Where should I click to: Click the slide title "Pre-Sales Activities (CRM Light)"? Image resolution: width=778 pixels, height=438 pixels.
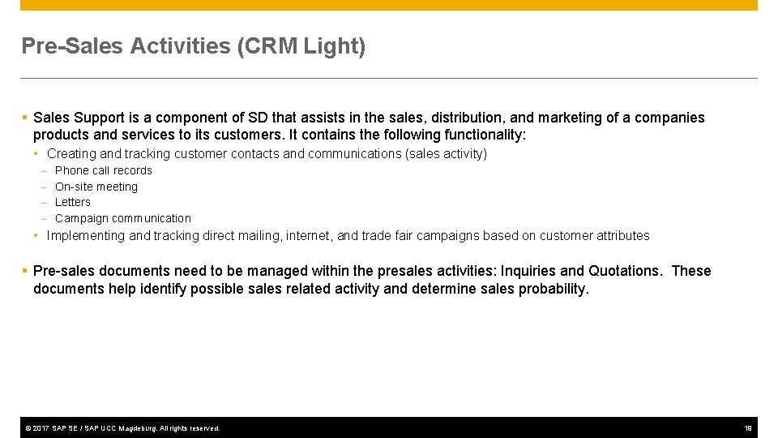point(193,46)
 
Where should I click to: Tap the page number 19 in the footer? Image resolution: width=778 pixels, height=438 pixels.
point(748,427)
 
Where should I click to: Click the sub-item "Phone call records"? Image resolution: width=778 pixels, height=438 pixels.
point(103,170)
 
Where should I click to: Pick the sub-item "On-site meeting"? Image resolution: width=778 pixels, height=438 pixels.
point(96,187)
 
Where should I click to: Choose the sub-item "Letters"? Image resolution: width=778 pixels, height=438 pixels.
point(72,202)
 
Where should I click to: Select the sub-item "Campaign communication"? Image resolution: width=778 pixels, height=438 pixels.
point(122,218)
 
